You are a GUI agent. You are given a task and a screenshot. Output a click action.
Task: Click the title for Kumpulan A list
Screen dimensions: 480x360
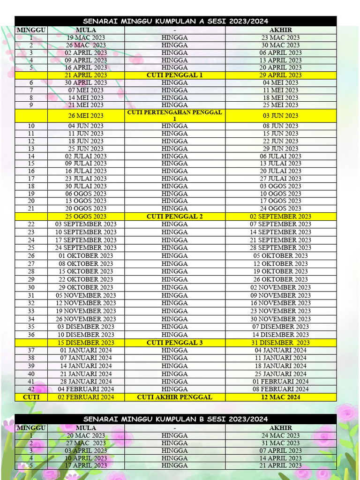tap(175, 21)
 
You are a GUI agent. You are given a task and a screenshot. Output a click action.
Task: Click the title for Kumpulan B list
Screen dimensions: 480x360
tap(175, 419)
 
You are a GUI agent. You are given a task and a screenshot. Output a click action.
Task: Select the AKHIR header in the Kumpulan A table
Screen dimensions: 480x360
tap(280, 30)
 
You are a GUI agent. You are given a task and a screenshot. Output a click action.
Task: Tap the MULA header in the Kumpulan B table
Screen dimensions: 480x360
tap(86, 428)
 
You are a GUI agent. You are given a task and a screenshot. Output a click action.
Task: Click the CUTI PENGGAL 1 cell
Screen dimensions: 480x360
tap(174, 75)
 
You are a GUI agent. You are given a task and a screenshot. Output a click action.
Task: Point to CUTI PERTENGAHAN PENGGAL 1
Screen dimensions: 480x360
tap(174, 115)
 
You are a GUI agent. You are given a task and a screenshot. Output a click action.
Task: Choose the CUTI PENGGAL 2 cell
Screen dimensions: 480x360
tap(174, 217)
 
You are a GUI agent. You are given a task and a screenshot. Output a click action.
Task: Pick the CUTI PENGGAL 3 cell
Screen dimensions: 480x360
tap(174, 343)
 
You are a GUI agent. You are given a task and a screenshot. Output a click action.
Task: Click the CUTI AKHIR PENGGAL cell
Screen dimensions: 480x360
tap(174, 397)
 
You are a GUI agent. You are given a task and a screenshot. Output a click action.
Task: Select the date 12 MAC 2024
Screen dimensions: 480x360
tap(280, 397)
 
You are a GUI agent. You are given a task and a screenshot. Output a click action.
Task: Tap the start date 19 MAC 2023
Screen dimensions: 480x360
tap(86, 37)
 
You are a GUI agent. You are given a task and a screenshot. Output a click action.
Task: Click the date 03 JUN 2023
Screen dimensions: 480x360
tap(280, 115)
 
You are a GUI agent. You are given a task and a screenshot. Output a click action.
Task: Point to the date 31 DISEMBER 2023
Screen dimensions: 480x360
tap(280, 343)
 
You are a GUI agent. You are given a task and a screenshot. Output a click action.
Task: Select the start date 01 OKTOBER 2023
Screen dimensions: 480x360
tap(86, 256)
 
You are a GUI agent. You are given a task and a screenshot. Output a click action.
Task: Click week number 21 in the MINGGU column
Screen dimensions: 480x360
tap(31, 209)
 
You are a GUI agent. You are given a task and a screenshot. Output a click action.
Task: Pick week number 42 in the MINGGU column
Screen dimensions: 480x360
tap(31, 389)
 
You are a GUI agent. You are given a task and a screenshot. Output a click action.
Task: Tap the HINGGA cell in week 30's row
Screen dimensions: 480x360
tap(174, 287)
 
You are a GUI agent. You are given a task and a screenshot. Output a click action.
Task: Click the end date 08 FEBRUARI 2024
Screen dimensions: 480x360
tap(280, 389)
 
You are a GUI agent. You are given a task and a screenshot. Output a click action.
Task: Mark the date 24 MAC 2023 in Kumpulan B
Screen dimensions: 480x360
tap(280, 435)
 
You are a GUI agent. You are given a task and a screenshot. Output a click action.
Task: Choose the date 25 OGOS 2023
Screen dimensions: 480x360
tap(86, 217)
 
